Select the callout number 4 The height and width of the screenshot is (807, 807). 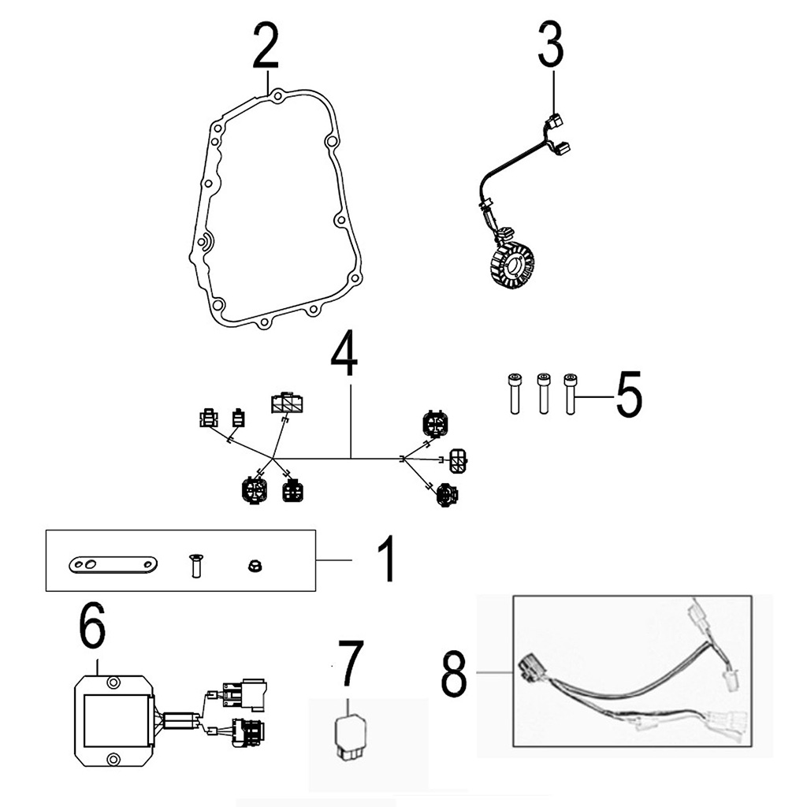tap(344, 356)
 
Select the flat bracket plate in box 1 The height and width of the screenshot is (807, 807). tap(113, 564)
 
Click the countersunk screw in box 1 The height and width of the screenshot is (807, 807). tap(194, 565)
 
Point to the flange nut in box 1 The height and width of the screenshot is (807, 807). tap(255, 565)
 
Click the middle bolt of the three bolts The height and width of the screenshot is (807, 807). tap(542, 392)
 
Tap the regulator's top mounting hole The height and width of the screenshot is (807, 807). tap(113, 677)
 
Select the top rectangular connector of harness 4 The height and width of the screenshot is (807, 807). tap(285, 403)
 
